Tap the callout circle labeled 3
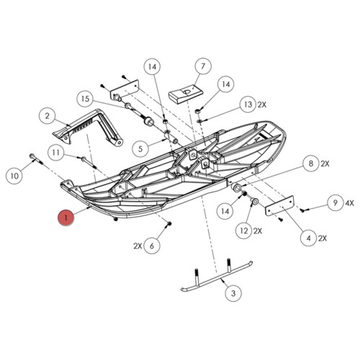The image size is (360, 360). (x=233, y=293)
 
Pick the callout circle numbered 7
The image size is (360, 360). (x=202, y=66)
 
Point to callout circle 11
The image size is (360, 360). (x=57, y=152)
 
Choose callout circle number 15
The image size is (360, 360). (x=84, y=98)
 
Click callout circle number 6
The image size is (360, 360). (x=152, y=246)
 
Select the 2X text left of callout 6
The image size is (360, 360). (x=137, y=246)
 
